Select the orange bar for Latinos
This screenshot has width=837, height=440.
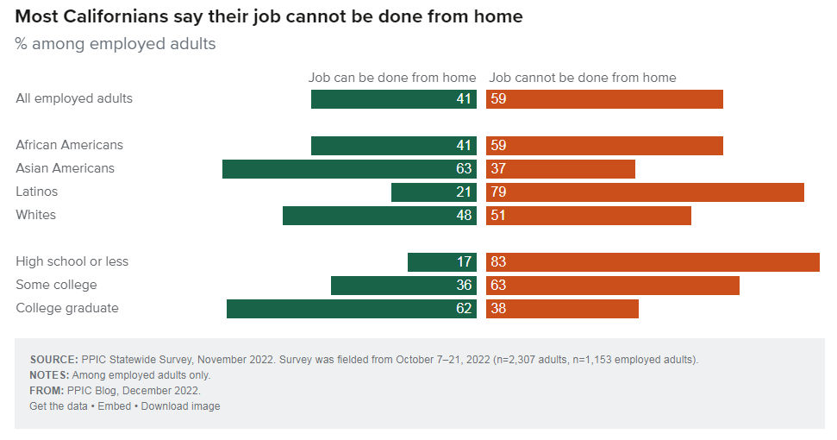pyautogui.click(x=645, y=192)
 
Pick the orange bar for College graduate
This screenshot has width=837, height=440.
pyautogui.click(x=562, y=309)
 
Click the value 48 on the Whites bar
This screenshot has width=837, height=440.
pyautogui.click(x=464, y=216)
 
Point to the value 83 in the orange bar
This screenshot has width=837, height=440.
pyautogui.click(x=497, y=262)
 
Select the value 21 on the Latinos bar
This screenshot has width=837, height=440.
pyautogui.click(x=464, y=192)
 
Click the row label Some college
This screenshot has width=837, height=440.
pyautogui.click(x=56, y=285)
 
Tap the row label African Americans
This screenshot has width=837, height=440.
pyautogui.click(x=69, y=145)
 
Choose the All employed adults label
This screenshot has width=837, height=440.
pyautogui.click(x=74, y=98)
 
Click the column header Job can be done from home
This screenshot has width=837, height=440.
pyautogui.click(x=392, y=78)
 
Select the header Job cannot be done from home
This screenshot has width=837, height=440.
pyautogui.click(x=583, y=78)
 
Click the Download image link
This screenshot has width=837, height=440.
pyautogui.click(x=180, y=406)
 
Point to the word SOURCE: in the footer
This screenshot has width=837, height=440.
pyautogui.click(x=53, y=360)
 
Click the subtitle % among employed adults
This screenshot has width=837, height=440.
pyautogui.click(x=116, y=43)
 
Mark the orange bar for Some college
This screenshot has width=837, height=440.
pyautogui.click(x=613, y=286)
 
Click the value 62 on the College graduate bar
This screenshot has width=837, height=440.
pyautogui.click(x=464, y=309)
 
